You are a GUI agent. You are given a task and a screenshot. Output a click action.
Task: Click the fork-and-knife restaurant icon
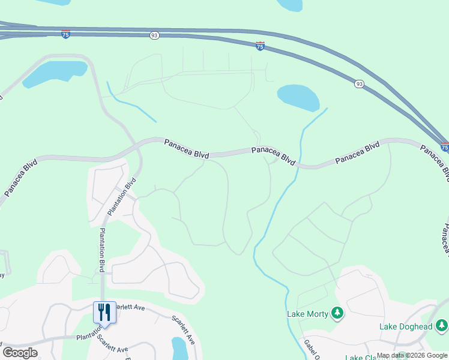104,313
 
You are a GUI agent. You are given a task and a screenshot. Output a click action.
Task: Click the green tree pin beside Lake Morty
337,313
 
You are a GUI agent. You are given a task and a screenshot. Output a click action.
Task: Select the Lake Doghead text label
406,326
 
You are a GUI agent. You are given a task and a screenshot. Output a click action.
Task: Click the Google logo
20,352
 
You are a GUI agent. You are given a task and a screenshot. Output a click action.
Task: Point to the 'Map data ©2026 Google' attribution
412,355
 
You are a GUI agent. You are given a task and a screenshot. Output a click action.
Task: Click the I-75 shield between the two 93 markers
260,46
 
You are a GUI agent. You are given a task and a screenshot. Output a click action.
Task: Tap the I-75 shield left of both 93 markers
65,34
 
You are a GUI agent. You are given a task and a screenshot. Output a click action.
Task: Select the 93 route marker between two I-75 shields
154,36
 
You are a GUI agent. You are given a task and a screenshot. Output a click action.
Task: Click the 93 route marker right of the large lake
358,83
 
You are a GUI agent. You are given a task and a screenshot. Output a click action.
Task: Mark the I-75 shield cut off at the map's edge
444,146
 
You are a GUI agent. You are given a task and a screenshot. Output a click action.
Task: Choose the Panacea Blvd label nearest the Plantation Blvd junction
187,148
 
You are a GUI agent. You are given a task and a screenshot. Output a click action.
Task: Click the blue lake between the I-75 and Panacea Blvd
298,98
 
